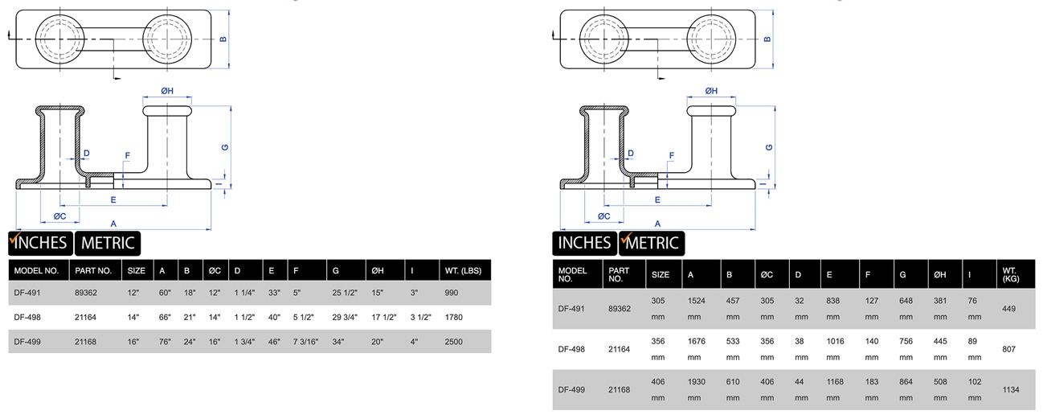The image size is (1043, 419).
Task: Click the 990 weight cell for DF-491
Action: pos(452,293)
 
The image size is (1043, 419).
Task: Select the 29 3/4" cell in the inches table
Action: pos(345,318)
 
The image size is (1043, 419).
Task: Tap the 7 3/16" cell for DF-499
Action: pos(305,342)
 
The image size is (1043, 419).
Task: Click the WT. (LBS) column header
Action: pos(463,271)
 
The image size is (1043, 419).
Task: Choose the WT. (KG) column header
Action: pos(1011,274)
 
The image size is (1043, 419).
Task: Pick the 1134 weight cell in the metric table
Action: pos(1011,389)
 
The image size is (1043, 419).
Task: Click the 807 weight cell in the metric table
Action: pos(1009,349)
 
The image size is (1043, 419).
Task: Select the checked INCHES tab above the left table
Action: pos(40,243)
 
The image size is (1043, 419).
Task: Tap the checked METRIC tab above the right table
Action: pos(652,243)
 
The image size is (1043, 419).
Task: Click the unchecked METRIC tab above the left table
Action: pos(108,243)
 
